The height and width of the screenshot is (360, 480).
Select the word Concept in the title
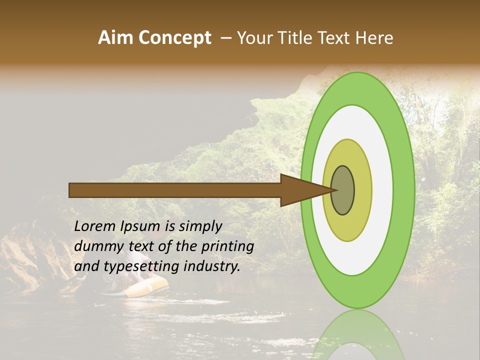175,38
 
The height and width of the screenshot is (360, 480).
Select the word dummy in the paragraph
95,246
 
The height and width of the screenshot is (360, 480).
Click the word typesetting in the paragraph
134,266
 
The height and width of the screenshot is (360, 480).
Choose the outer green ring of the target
404,190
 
